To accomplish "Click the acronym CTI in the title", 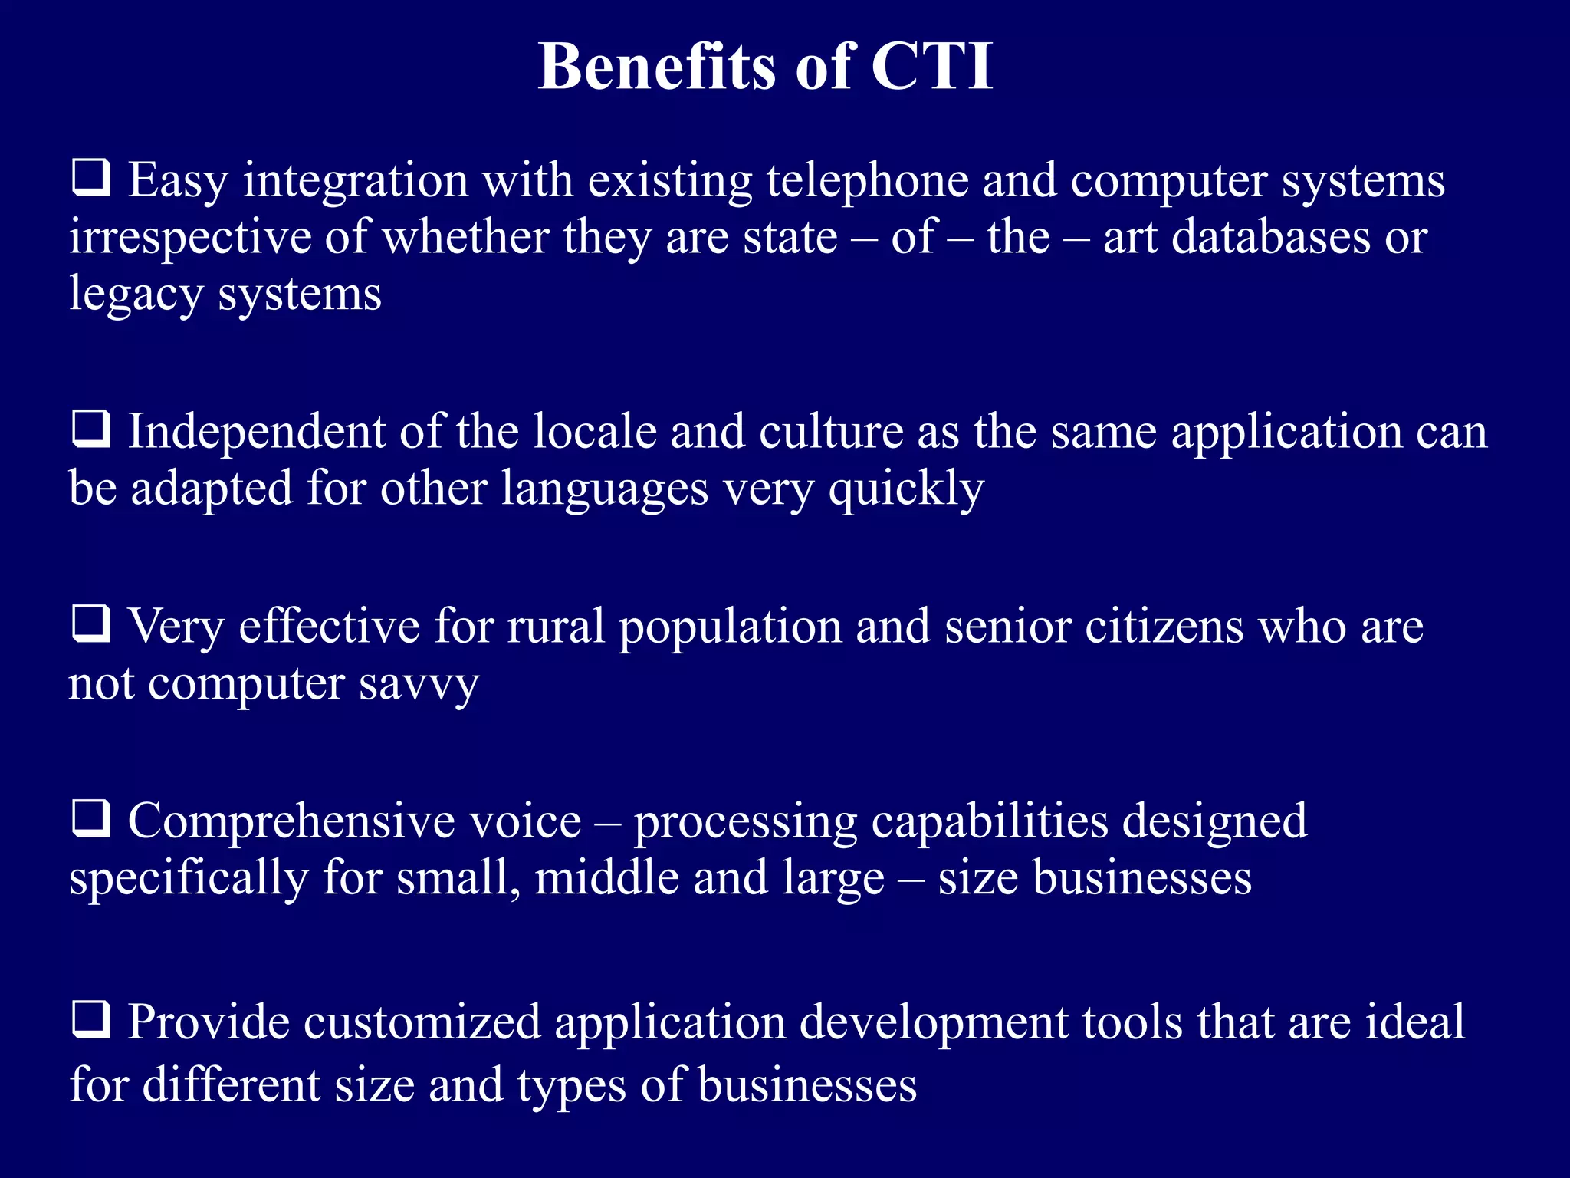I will click(x=931, y=67).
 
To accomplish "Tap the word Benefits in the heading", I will click(x=657, y=67).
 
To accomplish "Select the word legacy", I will click(x=136, y=294).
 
